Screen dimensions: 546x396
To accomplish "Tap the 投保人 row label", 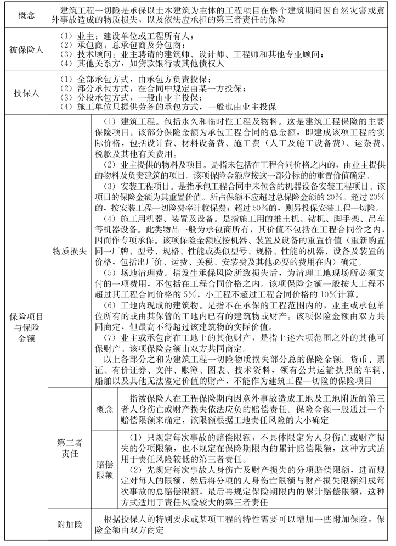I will [x=26, y=93].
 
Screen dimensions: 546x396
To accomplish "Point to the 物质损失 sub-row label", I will [x=69, y=250].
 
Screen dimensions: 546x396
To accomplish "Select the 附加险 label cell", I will [x=69, y=525].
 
